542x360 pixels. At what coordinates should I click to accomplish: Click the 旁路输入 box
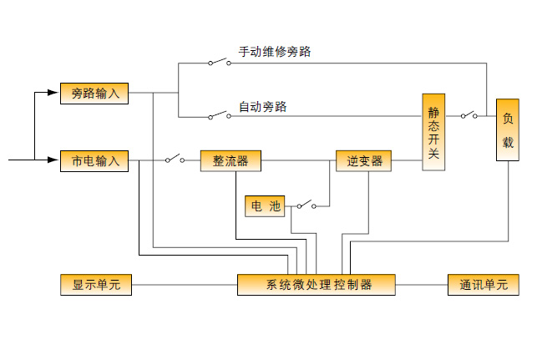[94, 94]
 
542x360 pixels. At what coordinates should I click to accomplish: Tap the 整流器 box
[230, 160]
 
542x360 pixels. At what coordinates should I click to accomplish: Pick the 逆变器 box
[364, 160]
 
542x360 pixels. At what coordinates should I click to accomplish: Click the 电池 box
[265, 205]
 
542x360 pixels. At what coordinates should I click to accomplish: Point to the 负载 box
[508, 131]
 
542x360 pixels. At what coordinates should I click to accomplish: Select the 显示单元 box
[96, 285]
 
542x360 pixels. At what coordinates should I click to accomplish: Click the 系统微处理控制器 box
[317, 285]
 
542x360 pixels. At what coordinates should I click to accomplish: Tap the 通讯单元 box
[484, 285]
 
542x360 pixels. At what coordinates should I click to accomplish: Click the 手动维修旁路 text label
[275, 52]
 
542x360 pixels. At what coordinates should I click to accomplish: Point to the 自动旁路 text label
[262, 106]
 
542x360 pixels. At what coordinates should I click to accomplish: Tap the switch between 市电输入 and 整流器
[175, 159]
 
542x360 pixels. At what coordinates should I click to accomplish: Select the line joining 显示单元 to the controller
[184, 285]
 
